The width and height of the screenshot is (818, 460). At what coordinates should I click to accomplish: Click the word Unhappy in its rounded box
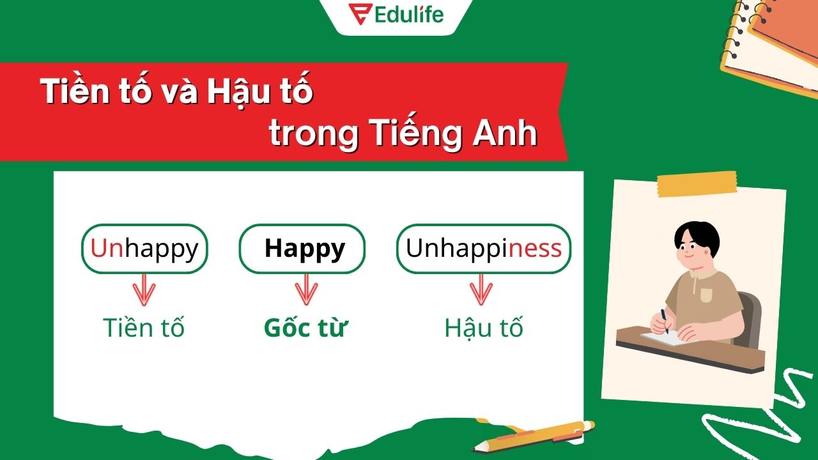[144, 249]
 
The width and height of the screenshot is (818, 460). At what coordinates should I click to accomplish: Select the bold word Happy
[305, 249]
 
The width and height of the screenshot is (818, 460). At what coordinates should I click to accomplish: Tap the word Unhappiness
[484, 249]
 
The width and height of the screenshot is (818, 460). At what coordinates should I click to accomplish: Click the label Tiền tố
[144, 328]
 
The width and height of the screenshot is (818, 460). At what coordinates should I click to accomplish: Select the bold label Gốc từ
[305, 328]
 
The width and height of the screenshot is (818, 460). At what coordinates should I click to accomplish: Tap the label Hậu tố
[484, 328]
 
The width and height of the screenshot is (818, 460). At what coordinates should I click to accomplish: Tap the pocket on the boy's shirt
[706, 295]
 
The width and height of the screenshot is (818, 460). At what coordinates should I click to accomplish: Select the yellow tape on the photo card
[697, 184]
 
